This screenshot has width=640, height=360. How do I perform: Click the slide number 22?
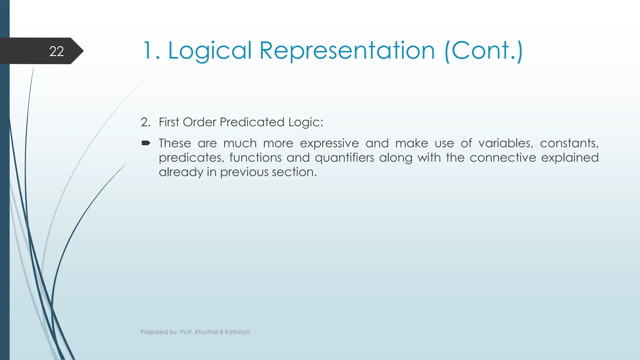57,51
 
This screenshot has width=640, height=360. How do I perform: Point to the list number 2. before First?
145,122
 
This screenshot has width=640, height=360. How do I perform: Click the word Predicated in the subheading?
252,122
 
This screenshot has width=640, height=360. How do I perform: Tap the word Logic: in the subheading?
306,122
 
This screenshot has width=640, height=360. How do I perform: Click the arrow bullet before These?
146,143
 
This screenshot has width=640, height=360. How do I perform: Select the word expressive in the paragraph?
329,143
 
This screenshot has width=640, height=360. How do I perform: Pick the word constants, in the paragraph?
569,143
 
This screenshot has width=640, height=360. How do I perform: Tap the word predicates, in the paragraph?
192,158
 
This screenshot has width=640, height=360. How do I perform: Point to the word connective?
502,158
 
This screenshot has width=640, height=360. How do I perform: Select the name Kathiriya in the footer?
237,332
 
